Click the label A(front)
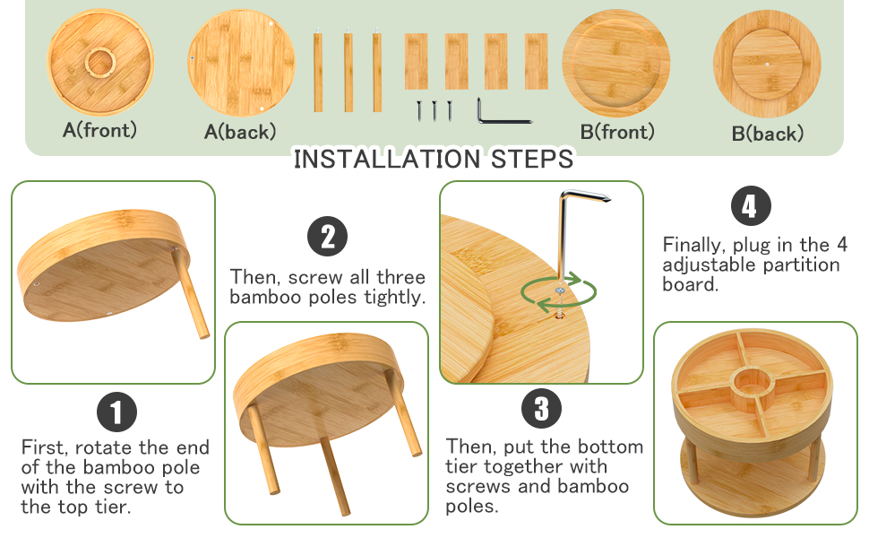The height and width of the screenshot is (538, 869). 99,130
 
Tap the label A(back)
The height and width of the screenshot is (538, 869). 240,132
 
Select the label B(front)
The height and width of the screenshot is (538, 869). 617,132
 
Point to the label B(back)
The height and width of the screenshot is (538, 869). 768,134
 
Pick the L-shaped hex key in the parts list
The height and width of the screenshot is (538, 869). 502,111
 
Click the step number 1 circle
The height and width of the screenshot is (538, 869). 116,412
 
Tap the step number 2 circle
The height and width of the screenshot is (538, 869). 328,237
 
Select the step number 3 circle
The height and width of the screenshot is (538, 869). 541,408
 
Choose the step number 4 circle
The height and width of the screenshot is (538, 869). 751,205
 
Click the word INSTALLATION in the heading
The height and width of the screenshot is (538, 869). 387,160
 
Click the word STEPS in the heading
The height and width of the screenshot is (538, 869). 532,160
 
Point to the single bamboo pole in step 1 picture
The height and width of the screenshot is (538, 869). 191,293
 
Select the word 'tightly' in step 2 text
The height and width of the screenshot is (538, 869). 394,298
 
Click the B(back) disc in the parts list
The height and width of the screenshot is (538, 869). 767,64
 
